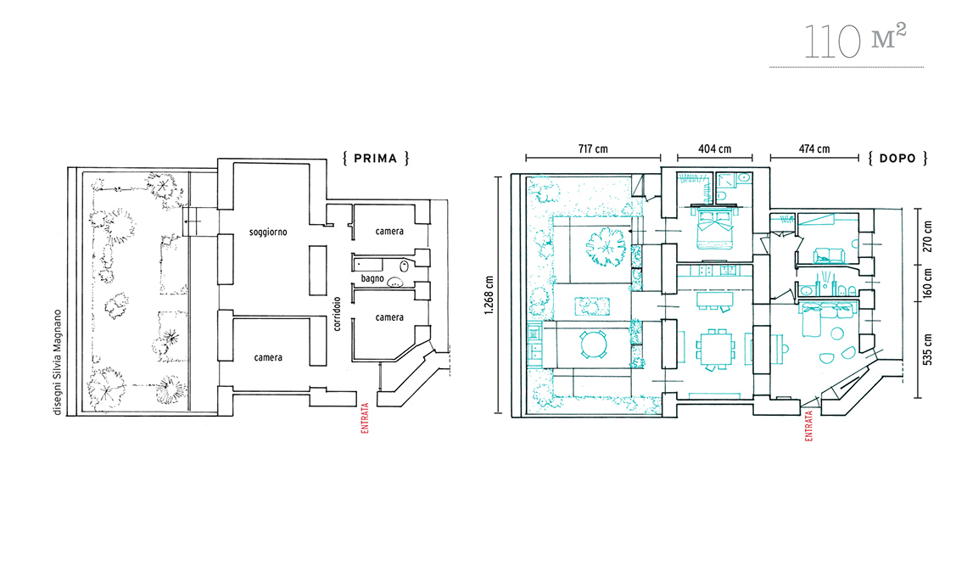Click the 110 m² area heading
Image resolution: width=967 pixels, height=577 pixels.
[855, 42]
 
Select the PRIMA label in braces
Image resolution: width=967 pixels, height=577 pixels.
[376, 159]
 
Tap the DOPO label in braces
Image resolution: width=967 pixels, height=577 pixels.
[897, 159]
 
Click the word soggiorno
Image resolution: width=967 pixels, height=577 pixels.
[268, 232]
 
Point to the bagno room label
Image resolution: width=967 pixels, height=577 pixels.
[372, 279]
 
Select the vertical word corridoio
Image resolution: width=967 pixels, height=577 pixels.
[337, 314]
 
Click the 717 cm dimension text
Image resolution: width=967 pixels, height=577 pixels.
[593, 148]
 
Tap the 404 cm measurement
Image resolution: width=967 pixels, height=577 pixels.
[715, 148]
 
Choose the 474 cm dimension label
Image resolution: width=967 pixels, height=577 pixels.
[814, 148]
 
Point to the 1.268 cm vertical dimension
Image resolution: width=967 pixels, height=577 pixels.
[489, 295]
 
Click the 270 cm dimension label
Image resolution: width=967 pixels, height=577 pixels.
[928, 237]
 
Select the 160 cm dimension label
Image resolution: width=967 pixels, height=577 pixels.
[928, 283]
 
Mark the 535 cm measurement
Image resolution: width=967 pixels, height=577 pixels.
[928, 350]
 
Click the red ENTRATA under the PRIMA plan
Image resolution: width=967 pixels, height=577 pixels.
[365, 418]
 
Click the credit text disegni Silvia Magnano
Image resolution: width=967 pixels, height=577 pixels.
[58, 362]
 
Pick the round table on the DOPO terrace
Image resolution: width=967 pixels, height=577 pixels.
[594, 345]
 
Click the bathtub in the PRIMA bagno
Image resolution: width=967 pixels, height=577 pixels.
[367, 266]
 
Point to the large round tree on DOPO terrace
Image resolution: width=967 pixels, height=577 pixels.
[605, 246]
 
